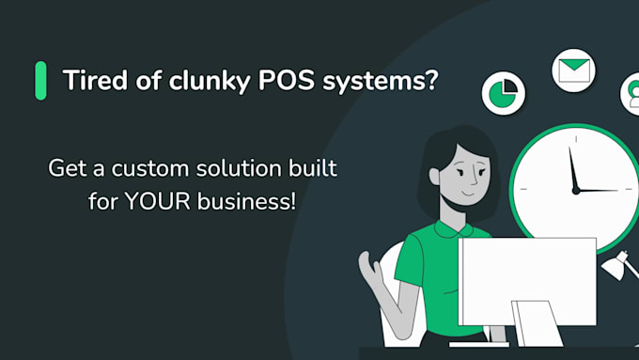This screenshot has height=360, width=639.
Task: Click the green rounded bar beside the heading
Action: [x=40, y=81]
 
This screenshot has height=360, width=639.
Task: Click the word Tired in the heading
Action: [x=87, y=81]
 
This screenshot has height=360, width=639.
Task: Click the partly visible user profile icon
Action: [x=630, y=94]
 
